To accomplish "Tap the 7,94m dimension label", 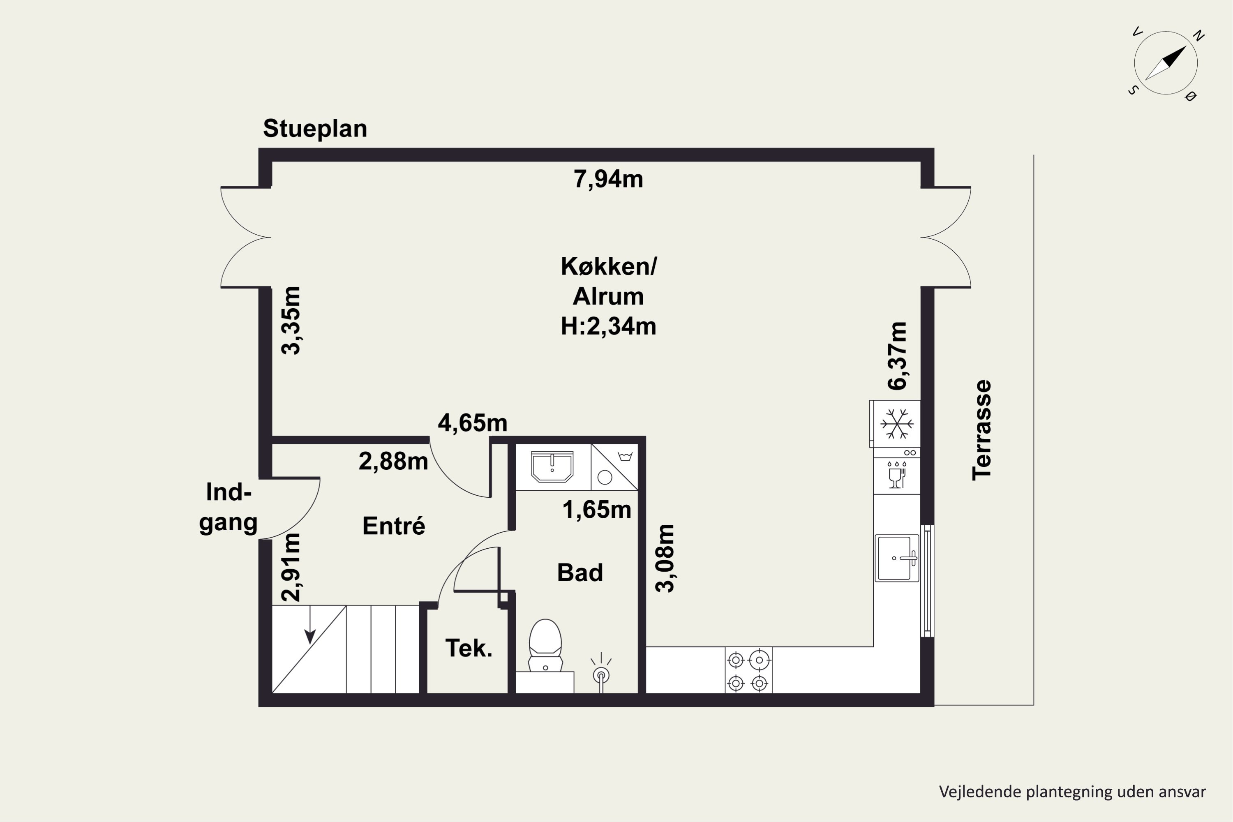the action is click(608, 179).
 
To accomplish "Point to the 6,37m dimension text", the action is click(897, 356).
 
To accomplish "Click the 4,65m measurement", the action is click(472, 423).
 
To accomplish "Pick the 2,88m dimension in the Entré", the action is click(393, 461).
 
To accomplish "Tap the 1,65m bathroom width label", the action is click(597, 510).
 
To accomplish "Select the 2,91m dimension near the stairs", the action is click(291, 567).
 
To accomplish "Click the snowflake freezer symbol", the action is click(897, 424).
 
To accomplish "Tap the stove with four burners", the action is click(748, 670).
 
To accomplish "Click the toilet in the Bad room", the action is click(545, 645).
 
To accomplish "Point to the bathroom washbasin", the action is click(552, 466).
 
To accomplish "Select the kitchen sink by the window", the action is click(897, 558).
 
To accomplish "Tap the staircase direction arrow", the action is click(310, 624).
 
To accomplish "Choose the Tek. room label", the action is click(469, 649).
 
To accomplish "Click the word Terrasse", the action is click(981, 430).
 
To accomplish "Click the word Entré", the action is click(394, 526).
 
